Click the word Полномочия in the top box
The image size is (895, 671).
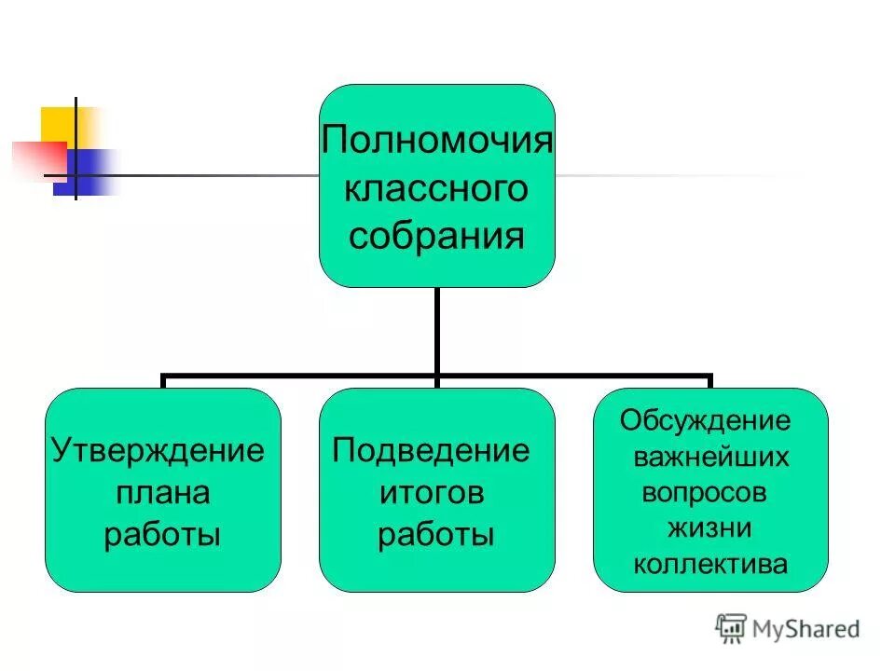click(437, 143)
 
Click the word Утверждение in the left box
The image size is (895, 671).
click(158, 450)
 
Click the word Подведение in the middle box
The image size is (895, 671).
click(432, 450)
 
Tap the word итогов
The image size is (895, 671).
click(432, 492)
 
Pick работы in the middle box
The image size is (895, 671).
click(435, 535)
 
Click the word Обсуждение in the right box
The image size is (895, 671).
click(706, 420)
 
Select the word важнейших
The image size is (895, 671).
click(711, 457)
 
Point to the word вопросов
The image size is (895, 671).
click(705, 492)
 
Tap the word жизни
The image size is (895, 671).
click(709, 527)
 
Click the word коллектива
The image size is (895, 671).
click(710, 564)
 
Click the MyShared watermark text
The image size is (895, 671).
click(806, 628)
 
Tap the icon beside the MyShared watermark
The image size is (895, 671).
click(731, 628)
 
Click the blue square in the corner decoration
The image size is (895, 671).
click(89, 173)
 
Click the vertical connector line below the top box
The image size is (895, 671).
click(435, 331)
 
